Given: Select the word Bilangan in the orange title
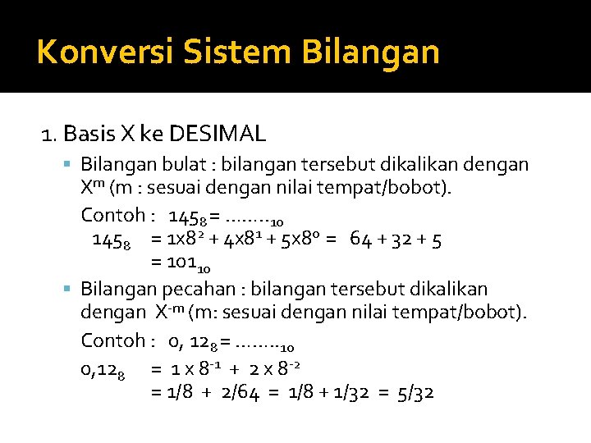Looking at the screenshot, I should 372,51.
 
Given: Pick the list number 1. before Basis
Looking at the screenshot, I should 50,133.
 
